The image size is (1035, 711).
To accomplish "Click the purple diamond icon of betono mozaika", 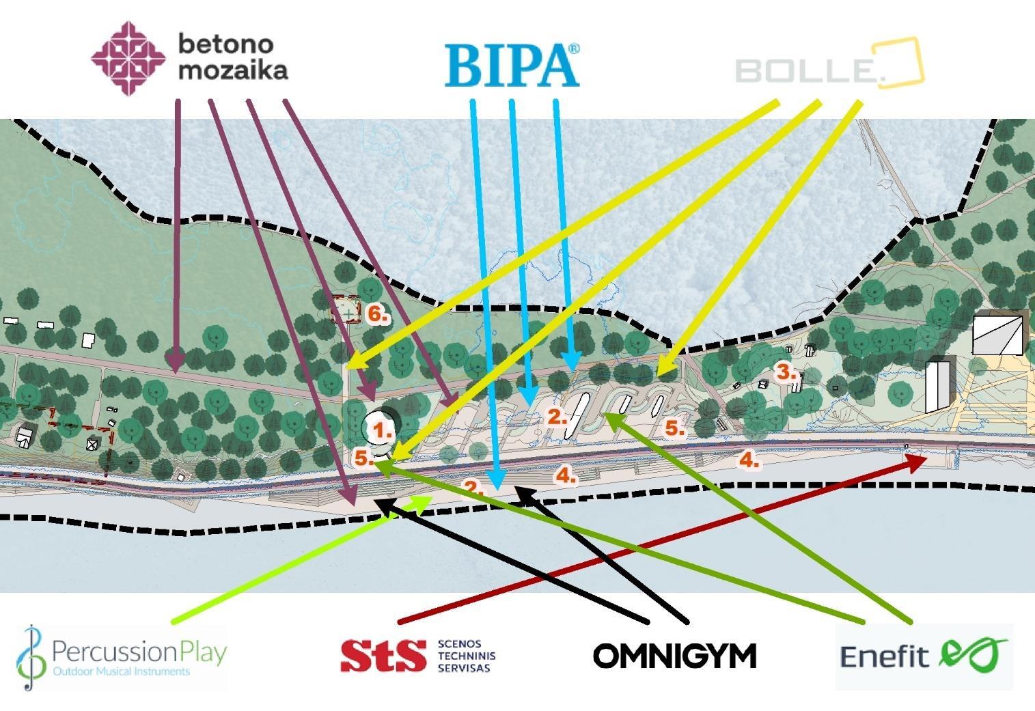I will click(128, 58).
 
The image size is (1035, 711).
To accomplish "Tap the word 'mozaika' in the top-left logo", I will click(233, 70).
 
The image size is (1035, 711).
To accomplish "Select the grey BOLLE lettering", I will click(806, 71).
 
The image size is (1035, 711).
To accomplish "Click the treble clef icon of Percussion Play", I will click(28, 656).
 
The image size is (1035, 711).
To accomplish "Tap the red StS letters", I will click(383, 656).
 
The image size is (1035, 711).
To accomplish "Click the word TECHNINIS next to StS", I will click(466, 656).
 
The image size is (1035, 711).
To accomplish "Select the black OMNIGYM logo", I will click(675, 656).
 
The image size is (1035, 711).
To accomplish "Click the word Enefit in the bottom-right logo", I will click(884, 657).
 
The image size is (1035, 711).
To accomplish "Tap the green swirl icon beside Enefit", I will click(973, 654).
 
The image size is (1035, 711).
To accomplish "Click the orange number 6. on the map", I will click(378, 314).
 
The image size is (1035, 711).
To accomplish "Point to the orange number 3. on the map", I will click(786, 372).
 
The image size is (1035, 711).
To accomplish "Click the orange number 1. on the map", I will click(381, 430).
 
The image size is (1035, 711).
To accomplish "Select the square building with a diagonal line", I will click(997, 335).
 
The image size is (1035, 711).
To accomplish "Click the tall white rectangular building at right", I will click(938, 386).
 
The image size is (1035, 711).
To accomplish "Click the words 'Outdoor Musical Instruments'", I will click(122, 671).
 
